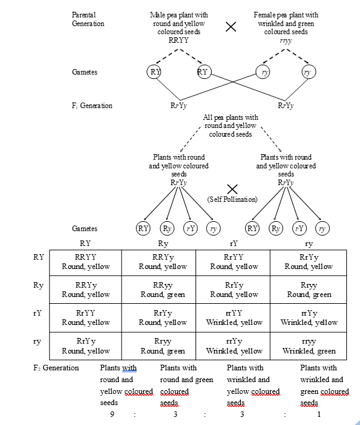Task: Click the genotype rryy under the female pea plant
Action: click(286, 40)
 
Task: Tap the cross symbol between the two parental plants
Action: click(230, 26)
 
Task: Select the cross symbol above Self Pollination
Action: click(232, 188)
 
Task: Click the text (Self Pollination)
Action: click(232, 199)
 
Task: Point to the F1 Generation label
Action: click(92, 106)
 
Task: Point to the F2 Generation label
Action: click(56, 368)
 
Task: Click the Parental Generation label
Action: click(88, 19)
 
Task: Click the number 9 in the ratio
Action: click(112, 415)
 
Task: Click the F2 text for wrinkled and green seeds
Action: click(324, 385)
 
